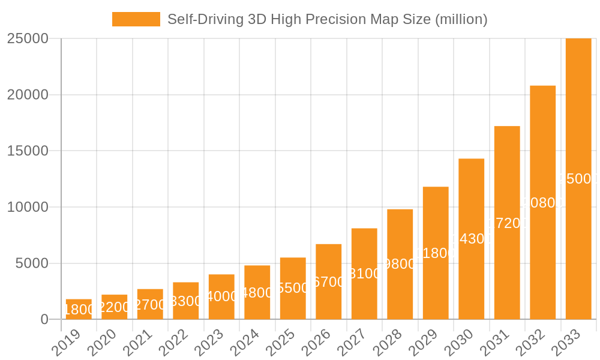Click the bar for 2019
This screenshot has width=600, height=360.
click(79, 309)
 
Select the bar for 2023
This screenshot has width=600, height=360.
click(221, 296)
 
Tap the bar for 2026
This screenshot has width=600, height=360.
click(329, 281)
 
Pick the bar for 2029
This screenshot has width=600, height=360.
click(436, 253)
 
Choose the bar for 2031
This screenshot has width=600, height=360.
click(507, 223)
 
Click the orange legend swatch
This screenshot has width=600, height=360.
click(136, 19)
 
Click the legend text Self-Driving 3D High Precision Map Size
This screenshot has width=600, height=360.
click(327, 19)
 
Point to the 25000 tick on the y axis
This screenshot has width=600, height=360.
click(28, 38)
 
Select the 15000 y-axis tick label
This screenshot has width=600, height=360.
click(28, 151)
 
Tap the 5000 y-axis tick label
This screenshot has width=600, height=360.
click(31, 263)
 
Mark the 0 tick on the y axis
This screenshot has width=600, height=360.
click(44, 320)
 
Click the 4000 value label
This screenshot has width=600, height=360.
click(222, 296)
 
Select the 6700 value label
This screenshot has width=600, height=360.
click(329, 282)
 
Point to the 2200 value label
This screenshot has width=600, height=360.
click(114, 307)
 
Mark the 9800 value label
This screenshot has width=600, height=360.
click(400, 264)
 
